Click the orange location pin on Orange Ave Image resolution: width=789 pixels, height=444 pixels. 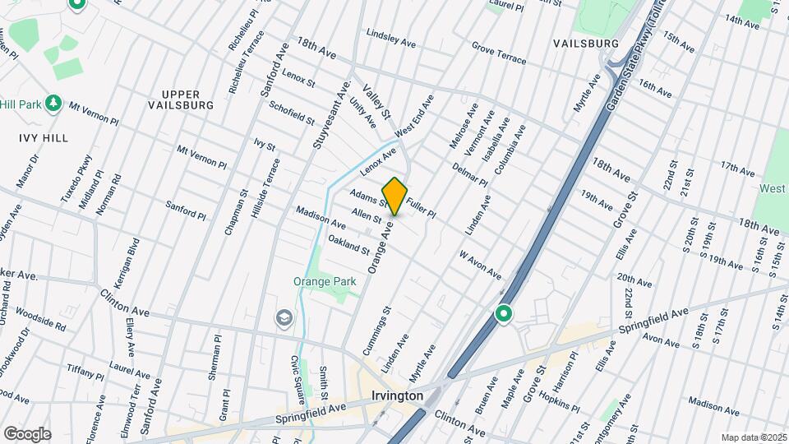point(394,196)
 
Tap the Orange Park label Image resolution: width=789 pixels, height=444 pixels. point(325,281)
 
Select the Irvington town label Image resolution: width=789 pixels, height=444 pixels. point(397,395)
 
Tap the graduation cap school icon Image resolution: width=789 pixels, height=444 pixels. point(284,317)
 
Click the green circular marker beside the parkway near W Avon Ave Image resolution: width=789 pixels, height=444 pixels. point(503,314)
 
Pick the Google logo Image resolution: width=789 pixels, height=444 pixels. point(26,433)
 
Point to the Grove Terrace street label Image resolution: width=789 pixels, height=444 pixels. point(499,55)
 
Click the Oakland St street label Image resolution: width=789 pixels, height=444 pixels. point(349,244)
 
